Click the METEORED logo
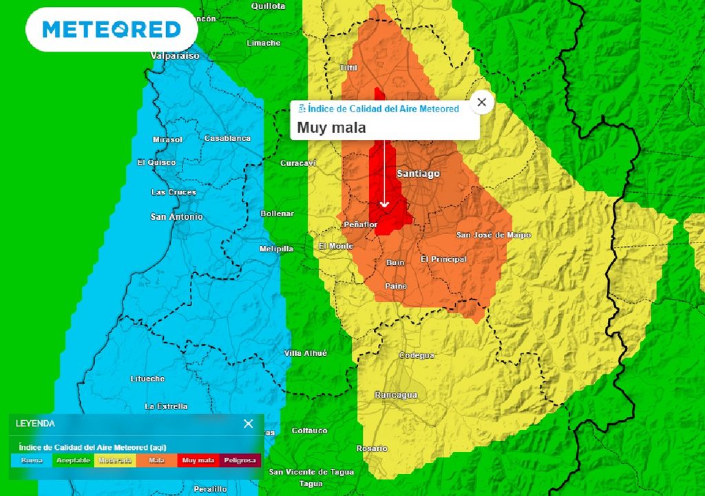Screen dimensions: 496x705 [112, 29]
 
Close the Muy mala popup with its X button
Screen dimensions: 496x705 [481, 103]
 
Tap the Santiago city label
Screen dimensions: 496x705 [418, 174]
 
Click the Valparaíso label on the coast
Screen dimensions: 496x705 [175, 56]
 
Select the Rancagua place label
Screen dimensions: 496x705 [396, 395]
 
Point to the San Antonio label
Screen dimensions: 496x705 [177, 216]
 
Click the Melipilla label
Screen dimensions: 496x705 [276, 249]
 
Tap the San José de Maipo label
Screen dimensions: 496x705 [494, 235]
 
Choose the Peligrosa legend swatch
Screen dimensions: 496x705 [240, 460]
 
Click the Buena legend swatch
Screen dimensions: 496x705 [32, 460]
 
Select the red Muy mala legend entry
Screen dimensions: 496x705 [198, 460]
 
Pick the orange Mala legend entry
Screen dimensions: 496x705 [157, 460]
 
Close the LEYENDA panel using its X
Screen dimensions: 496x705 [248, 424]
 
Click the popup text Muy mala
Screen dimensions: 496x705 [332, 127]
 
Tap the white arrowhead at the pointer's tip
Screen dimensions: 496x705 [385, 205]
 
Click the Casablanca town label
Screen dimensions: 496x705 [227, 138]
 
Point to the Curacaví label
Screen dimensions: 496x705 [298, 163]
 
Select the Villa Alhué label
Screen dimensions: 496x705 [306, 353]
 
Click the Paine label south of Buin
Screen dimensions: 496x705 [396, 286]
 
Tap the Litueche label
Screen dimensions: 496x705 [148, 379]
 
